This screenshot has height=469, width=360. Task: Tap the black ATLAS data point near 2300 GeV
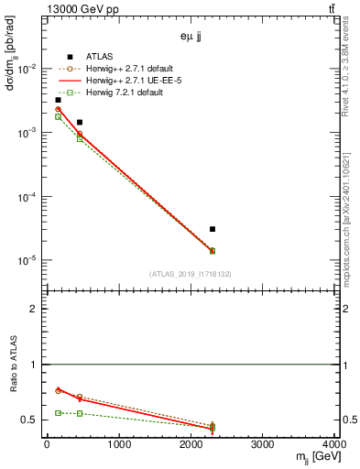[x=213, y=229]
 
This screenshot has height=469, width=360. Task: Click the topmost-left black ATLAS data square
[x=58, y=100]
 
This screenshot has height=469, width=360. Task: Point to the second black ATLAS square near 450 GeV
[x=80, y=122]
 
